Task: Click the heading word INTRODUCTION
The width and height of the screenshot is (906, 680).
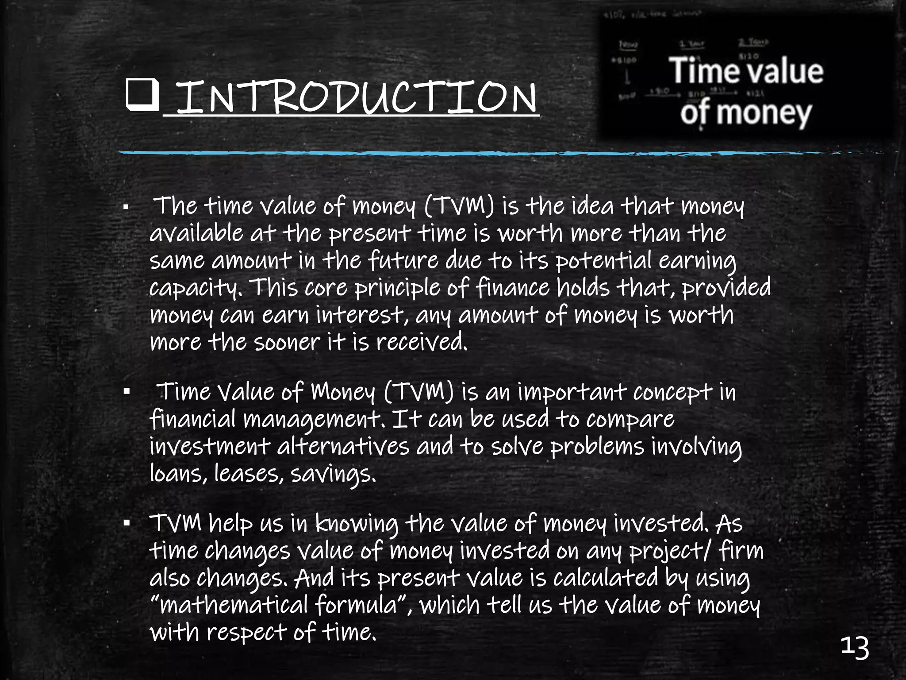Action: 356,97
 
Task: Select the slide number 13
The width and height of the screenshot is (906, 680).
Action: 855,649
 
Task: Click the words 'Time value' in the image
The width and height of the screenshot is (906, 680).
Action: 747,71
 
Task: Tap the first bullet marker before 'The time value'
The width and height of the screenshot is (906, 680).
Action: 126,207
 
